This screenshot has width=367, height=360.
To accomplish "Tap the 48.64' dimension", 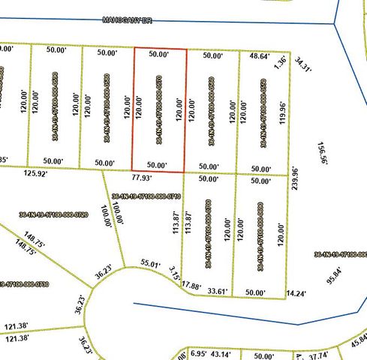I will pos(259,55).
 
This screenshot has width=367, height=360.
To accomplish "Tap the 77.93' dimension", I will pos(141,178).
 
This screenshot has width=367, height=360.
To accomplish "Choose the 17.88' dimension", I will pos(193,286).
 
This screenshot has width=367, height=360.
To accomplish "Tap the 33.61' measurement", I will pos(218,292).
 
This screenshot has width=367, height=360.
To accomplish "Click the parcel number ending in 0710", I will pos(146,196).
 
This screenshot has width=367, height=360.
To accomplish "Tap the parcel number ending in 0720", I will pos(53,214).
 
